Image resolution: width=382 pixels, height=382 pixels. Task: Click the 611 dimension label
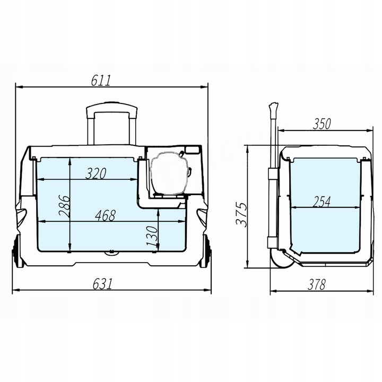click(101, 81)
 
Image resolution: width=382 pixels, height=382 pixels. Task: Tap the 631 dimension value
click(102, 284)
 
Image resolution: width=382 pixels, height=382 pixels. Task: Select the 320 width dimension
click(96, 173)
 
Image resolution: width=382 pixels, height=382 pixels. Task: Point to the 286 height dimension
click(64, 206)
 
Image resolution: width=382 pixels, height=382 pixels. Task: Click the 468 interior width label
click(105, 215)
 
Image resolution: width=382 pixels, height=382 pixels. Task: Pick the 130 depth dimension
click(152, 236)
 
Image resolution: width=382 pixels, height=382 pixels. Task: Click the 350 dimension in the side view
click(322, 124)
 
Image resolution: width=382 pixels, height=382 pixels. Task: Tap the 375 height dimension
click(242, 215)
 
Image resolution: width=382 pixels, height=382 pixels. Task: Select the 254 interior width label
click(322, 202)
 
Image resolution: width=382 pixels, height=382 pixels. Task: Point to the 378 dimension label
click(317, 284)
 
